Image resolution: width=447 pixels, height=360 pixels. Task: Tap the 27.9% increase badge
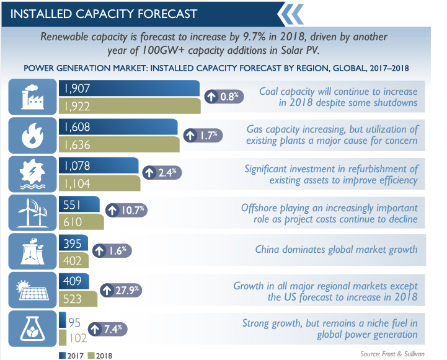click(x=121, y=290)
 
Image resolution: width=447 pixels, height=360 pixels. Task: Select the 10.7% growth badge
click(x=126, y=210)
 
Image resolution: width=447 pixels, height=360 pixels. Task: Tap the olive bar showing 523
click(x=79, y=299)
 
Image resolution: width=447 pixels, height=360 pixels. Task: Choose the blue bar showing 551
click(x=79, y=204)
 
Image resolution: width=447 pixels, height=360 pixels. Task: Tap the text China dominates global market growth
click(x=337, y=250)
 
